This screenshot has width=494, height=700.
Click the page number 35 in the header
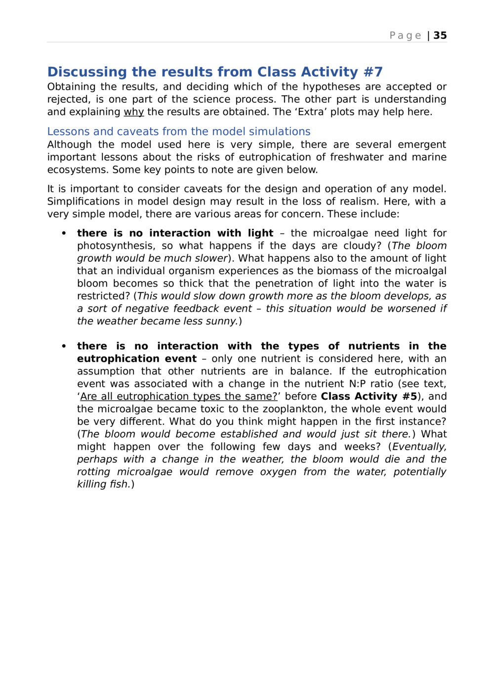tap(440, 36)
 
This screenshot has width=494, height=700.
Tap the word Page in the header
tap(405, 36)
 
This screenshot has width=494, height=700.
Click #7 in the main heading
tap(373, 72)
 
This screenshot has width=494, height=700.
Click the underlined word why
tap(133, 112)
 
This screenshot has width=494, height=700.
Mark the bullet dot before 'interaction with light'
tap(64, 233)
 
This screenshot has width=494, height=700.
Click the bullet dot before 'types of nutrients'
tap(64, 346)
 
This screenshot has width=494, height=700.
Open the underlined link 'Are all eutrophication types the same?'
tap(178, 397)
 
